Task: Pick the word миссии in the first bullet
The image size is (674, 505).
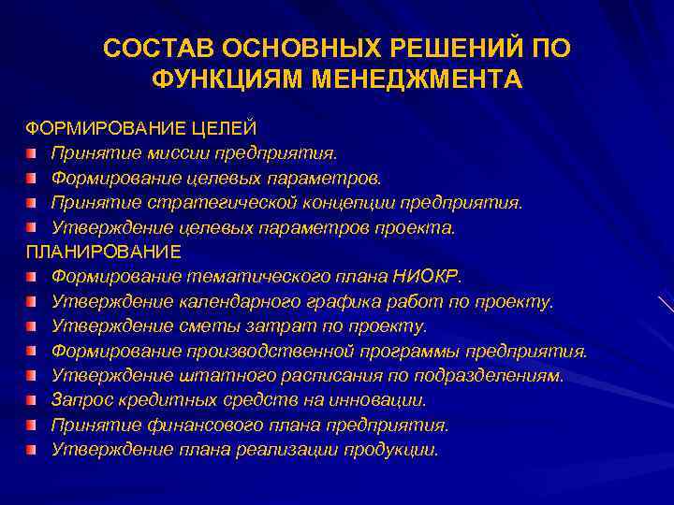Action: point(178,151)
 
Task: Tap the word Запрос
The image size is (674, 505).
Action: point(80,401)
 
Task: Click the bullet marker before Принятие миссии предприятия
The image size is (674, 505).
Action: point(32,151)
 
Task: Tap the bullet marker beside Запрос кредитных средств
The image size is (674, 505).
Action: point(32,401)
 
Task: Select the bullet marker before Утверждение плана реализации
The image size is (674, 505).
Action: point(32,451)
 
